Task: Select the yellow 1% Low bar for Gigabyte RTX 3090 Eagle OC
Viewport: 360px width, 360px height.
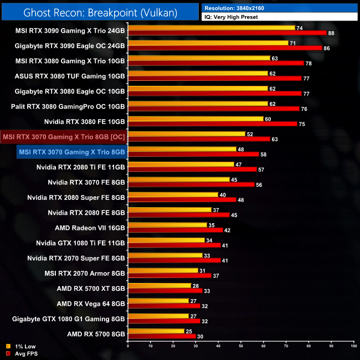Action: [208, 43]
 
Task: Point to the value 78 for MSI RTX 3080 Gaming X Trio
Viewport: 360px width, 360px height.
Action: [308, 64]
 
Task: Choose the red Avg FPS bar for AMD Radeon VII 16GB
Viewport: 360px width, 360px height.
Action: [175, 230]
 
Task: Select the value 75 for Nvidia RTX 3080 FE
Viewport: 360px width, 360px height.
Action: [302, 124]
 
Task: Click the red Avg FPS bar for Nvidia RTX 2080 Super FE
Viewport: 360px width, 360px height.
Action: [182, 199]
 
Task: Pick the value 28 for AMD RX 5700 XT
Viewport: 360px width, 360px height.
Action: [196, 286]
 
